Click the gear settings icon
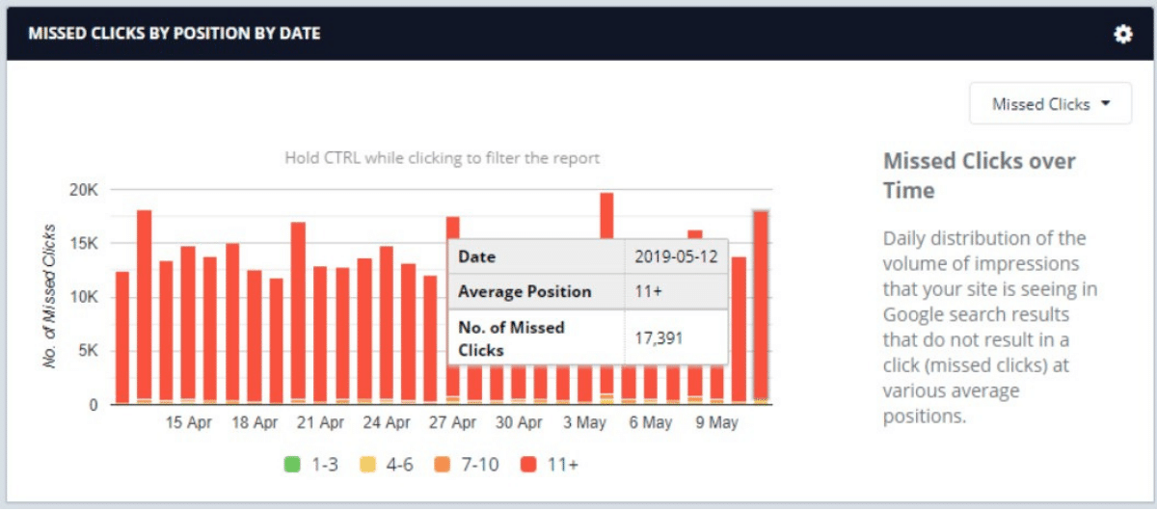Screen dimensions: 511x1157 tap(1122, 34)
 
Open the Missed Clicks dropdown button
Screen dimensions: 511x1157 tap(1050, 104)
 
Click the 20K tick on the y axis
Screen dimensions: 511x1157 tap(83, 190)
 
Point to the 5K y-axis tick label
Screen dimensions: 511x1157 tap(87, 351)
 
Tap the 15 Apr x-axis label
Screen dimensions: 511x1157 tap(188, 423)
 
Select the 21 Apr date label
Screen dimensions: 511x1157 tap(320, 423)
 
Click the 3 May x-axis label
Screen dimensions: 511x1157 tap(585, 423)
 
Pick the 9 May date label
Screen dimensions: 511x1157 tap(716, 423)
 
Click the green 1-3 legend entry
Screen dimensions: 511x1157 tap(310, 465)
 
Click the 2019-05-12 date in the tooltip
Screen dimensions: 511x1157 tap(674, 256)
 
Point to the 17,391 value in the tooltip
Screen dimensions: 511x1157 tap(666, 337)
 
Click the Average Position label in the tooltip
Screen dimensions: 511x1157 tap(525, 291)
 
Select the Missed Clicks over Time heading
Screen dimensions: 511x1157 tap(979, 175)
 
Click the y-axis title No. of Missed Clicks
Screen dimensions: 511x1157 tap(50, 296)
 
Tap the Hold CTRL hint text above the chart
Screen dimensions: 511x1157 tap(442, 158)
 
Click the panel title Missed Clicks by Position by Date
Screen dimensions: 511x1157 tap(175, 34)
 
